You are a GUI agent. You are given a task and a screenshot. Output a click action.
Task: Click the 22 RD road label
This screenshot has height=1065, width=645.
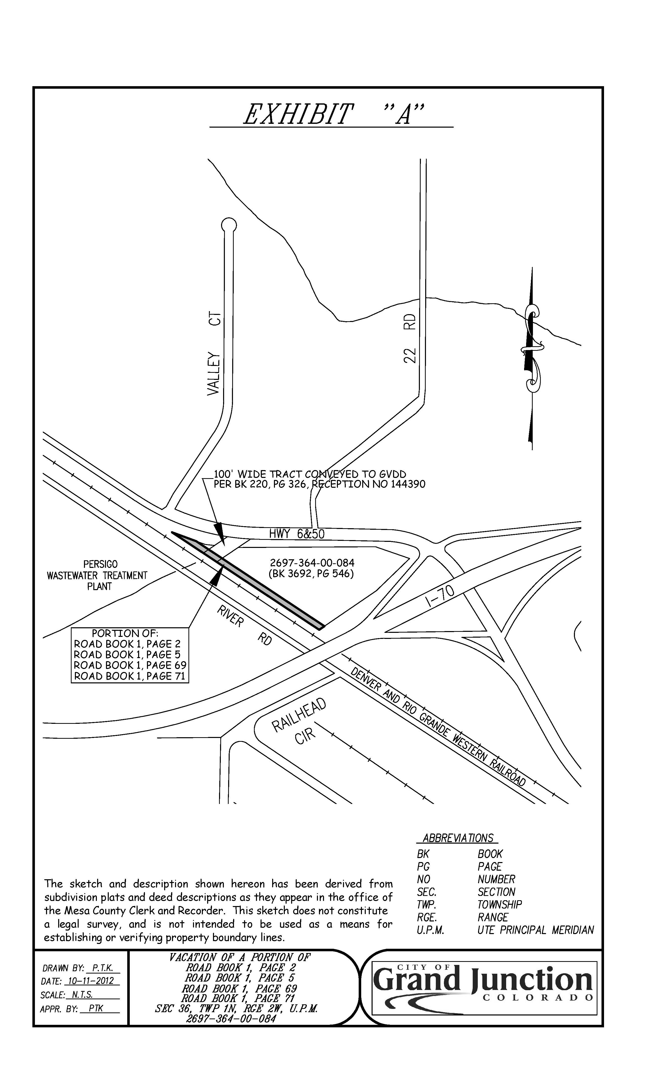(x=410, y=338)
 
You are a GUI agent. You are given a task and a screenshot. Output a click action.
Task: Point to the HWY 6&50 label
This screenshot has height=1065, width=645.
(x=297, y=534)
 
